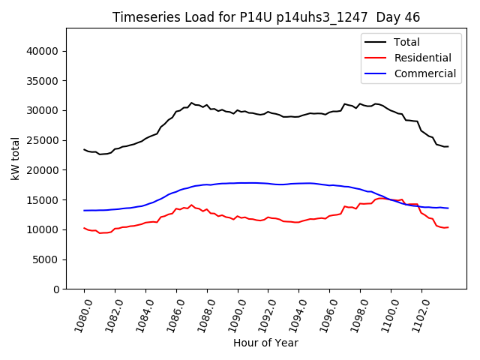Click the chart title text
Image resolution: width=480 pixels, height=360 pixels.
pos(266,17)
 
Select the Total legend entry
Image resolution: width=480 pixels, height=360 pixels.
pos(407,42)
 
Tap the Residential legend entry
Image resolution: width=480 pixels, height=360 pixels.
pos(423,58)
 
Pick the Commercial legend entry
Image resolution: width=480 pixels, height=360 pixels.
pos(425,73)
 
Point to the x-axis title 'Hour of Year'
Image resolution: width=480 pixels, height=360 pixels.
pos(265,343)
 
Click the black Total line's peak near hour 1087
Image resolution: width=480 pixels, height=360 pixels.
pos(191,103)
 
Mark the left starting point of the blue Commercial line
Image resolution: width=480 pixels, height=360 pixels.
pos(84,210)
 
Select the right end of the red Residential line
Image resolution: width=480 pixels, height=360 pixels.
pos(448,227)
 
